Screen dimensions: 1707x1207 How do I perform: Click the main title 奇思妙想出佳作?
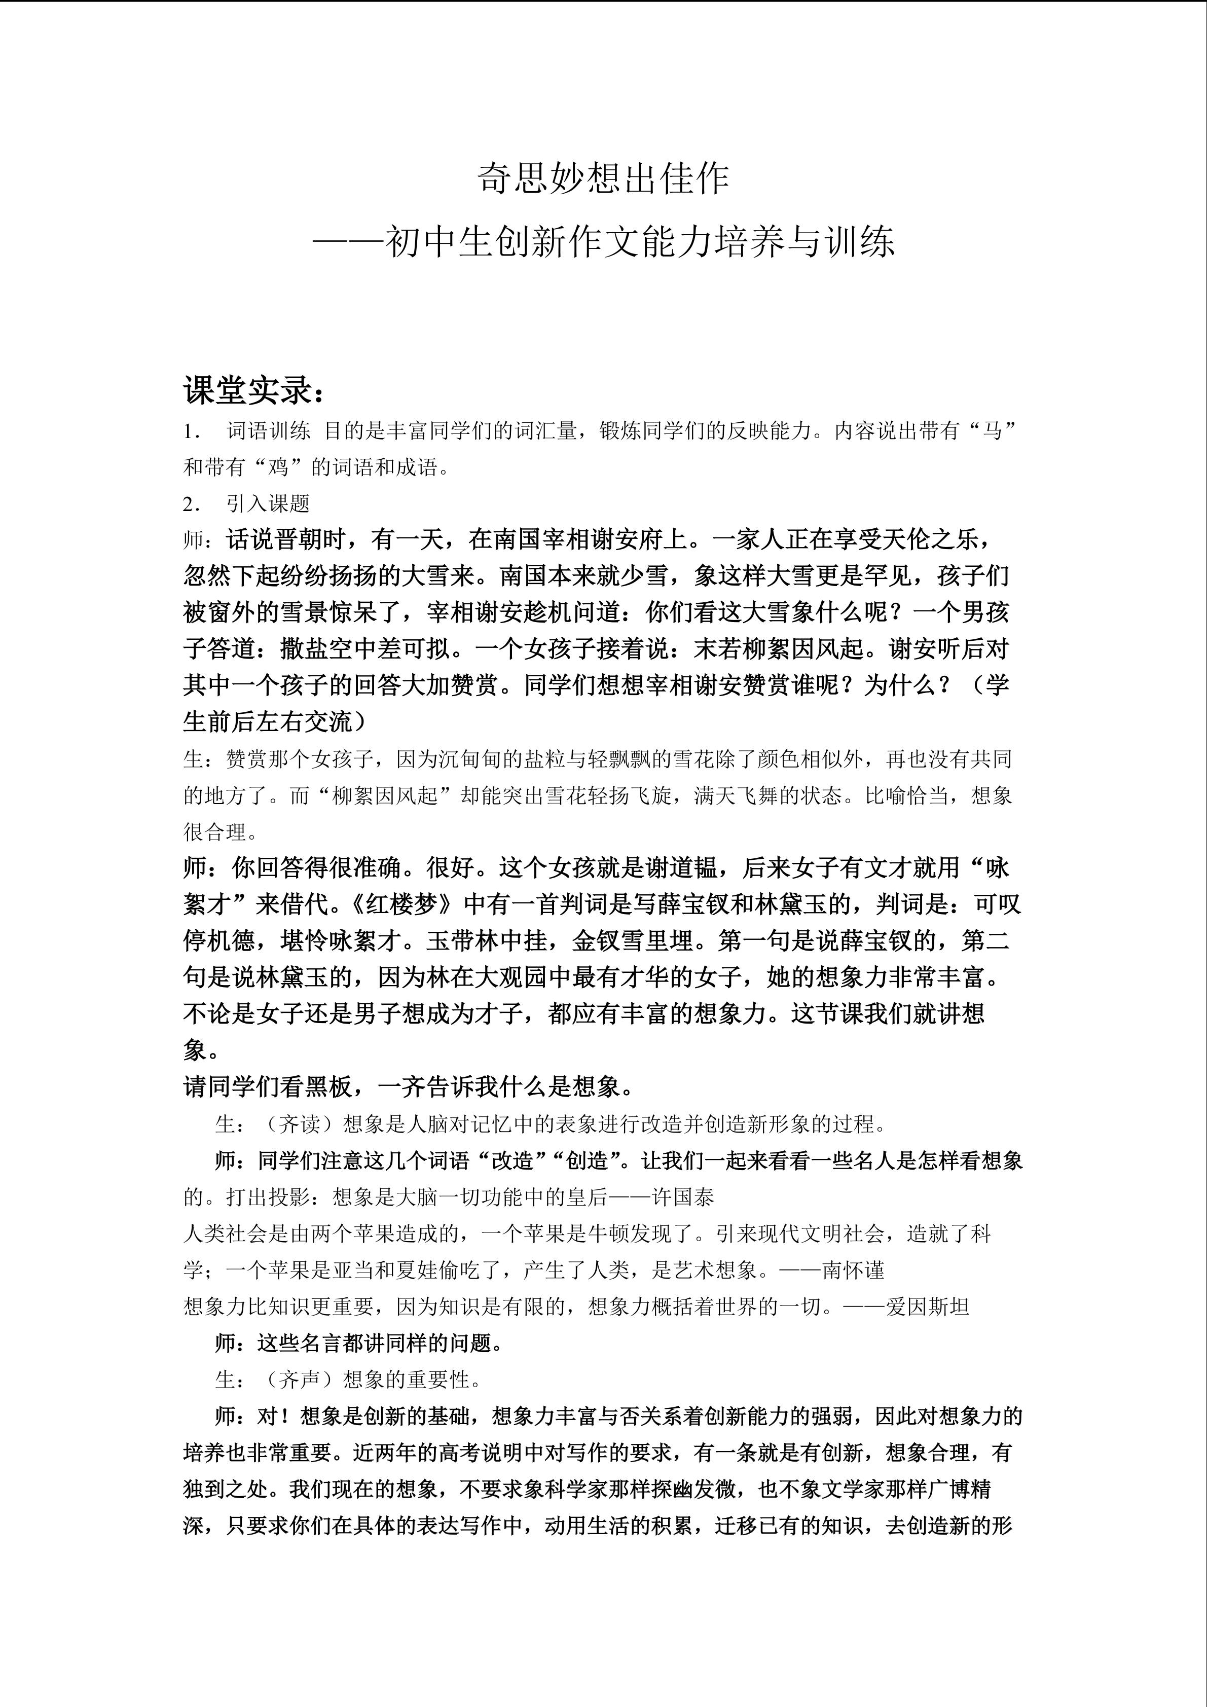(x=603, y=179)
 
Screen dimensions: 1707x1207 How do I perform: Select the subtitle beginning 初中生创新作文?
(x=639, y=242)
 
